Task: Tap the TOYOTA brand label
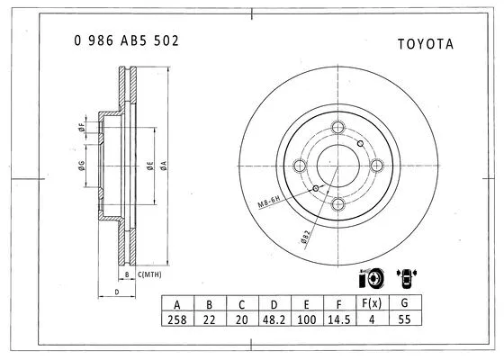pos(425,43)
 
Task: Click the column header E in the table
pos(307,304)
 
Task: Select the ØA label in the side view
pos(164,165)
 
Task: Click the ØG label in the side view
pos(81,164)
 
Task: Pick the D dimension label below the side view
pos(116,292)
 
